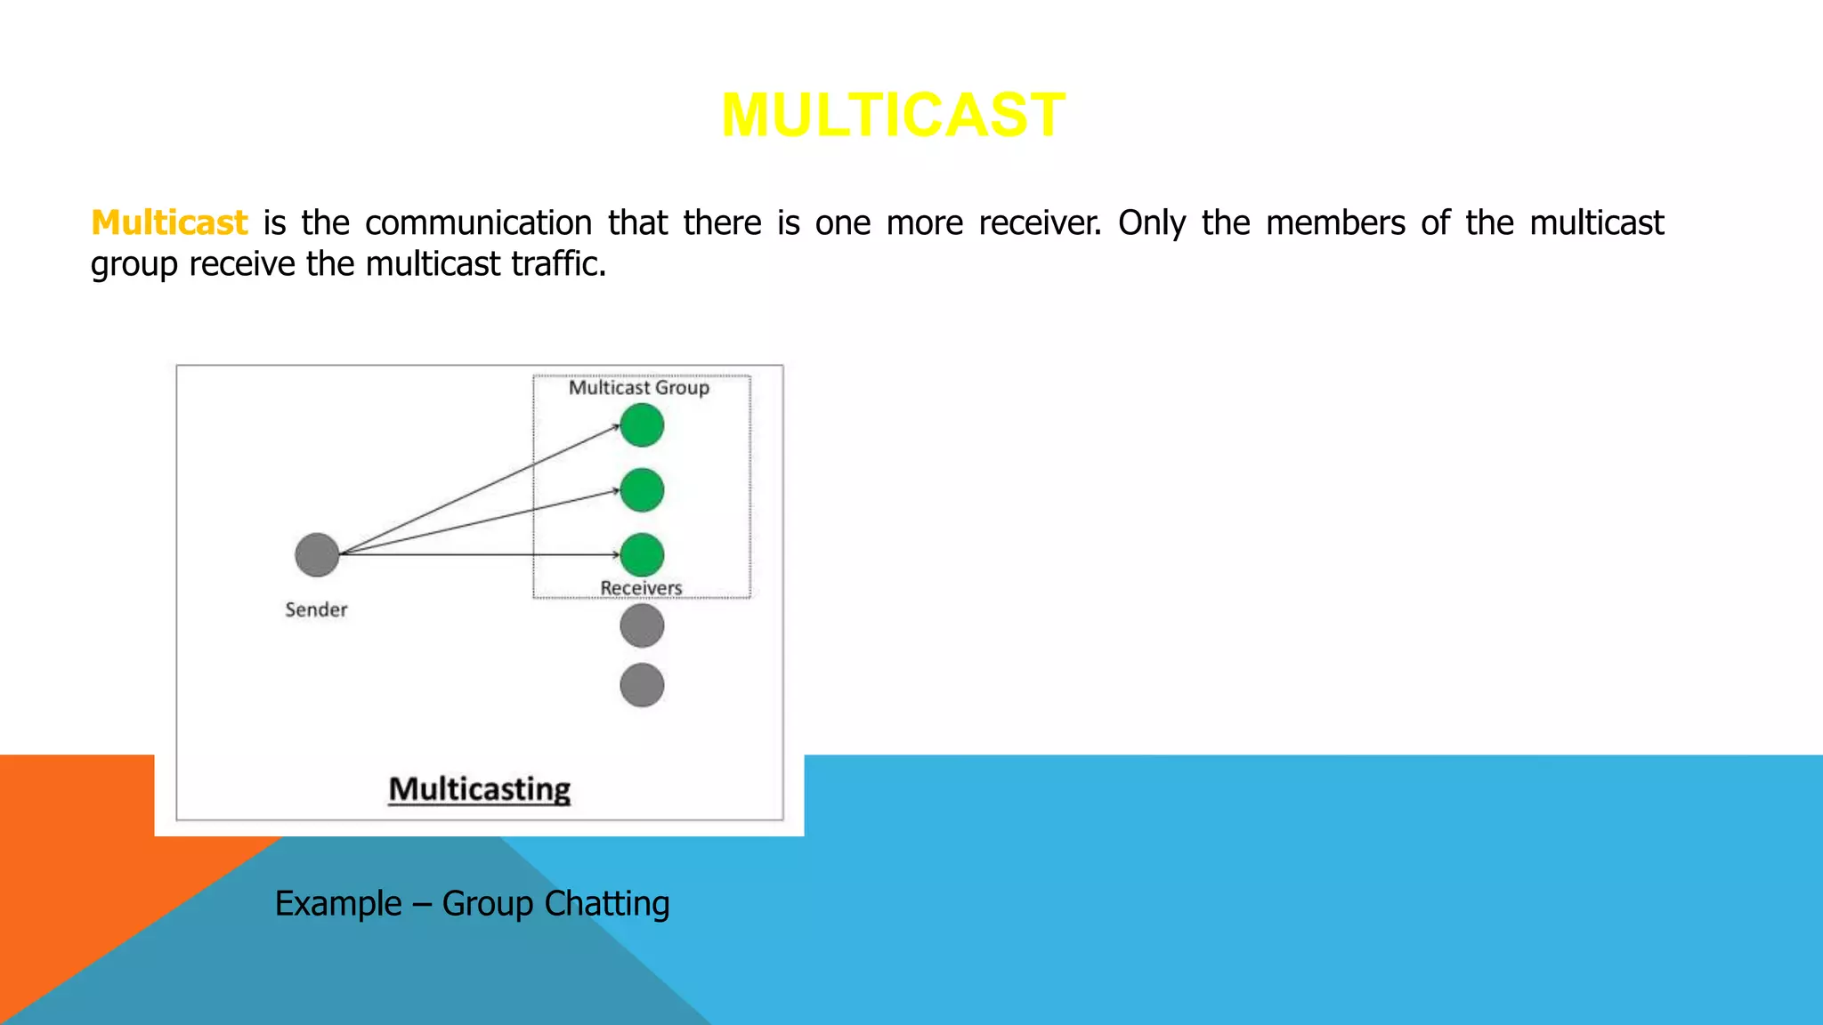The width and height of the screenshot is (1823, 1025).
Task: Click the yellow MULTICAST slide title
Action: pos(893,116)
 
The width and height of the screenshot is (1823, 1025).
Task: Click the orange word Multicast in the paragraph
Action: pos(169,222)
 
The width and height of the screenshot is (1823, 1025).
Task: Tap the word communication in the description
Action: pos(478,222)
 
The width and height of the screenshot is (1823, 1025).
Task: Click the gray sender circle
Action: pos(317,554)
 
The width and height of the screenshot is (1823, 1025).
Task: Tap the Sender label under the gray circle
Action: pos(316,609)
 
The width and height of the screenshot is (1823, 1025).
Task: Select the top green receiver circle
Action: pos(642,425)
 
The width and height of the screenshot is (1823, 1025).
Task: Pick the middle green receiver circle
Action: pos(642,490)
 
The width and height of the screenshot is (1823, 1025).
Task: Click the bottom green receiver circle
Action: pos(642,554)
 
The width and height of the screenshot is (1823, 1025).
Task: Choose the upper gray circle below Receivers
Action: pos(642,625)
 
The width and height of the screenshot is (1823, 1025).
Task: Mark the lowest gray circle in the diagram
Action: pos(642,685)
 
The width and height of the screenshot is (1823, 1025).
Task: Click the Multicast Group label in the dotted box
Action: pos(639,388)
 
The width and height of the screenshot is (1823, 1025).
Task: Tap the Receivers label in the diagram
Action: pos(641,588)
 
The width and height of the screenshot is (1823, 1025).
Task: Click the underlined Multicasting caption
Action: pos(480,789)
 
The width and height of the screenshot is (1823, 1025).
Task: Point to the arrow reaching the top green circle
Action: pos(481,489)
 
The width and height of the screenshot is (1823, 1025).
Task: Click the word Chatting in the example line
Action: pos(606,903)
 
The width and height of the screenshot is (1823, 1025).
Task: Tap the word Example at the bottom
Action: pos(338,903)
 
